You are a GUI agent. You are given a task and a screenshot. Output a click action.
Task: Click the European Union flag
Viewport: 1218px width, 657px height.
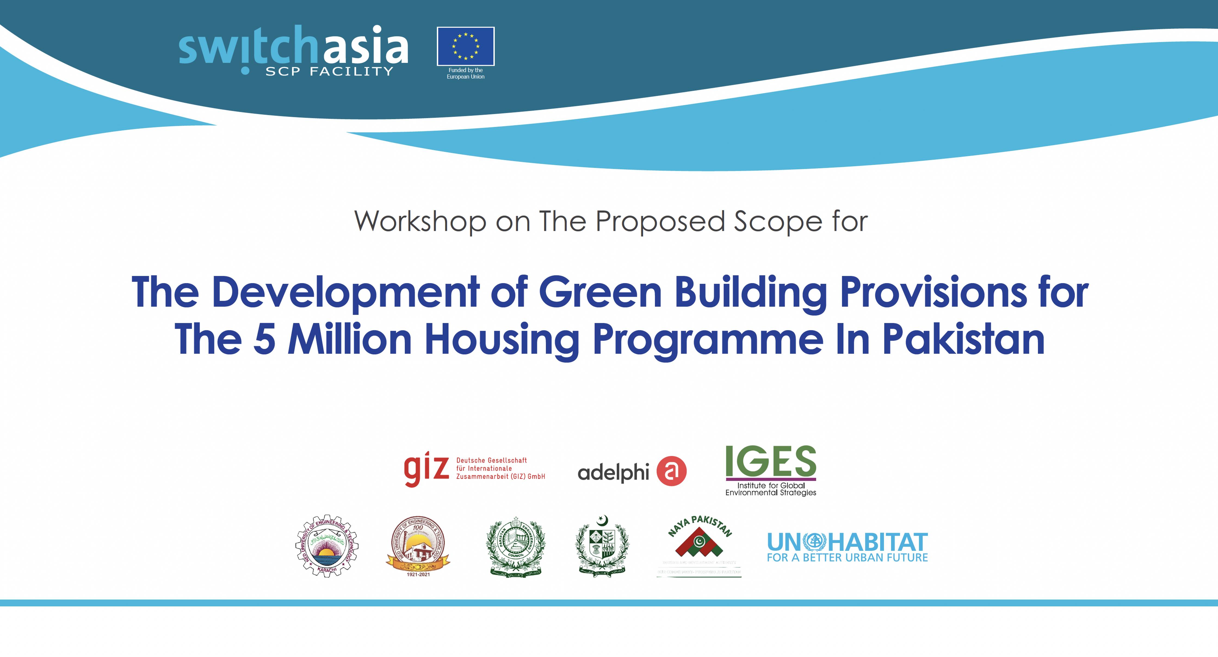coord(465,46)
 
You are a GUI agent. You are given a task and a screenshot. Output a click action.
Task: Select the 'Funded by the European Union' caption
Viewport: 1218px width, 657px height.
coord(465,73)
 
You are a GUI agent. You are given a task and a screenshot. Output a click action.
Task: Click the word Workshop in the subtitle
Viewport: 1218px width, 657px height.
coord(420,221)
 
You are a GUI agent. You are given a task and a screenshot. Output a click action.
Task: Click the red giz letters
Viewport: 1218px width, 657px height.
coord(426,468)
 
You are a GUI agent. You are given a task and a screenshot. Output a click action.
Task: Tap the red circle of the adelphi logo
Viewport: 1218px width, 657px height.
coord(671,471)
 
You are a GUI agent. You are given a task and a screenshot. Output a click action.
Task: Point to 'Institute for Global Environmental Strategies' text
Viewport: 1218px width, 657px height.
coord(771,489)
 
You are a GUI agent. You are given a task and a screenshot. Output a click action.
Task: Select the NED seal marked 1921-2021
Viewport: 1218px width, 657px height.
coord(418,546)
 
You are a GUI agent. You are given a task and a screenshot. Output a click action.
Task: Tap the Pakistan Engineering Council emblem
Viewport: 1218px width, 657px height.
coord(515,546)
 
